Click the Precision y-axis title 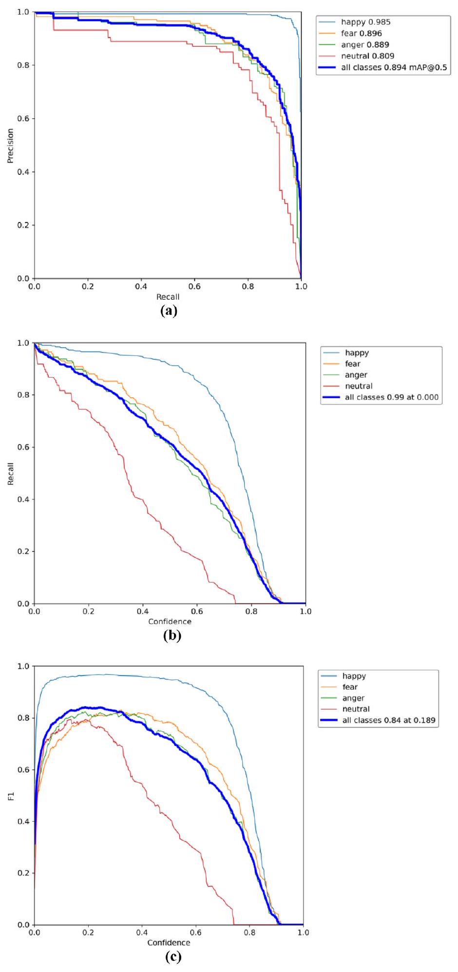coord(10,146)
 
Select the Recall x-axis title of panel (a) coord(168,297)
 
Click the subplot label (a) coord(169,311)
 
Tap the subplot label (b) coord(172,635)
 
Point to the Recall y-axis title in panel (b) coord(10,474)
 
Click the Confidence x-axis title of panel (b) coord(170,622)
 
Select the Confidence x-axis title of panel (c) coord(169,943)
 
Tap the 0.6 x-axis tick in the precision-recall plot coord(194,287)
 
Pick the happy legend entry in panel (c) coord(354,676)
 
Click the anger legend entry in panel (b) coord(356,375)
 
